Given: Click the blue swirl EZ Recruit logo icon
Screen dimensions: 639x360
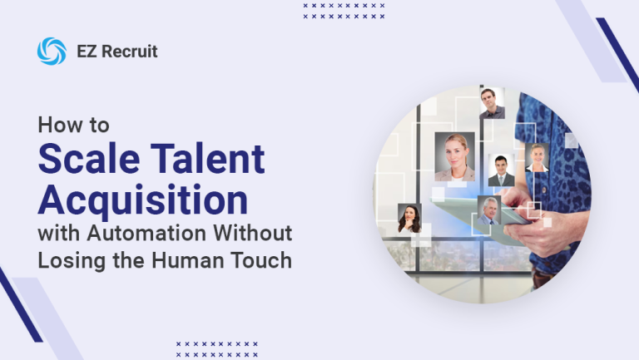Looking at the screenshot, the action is [52, 52].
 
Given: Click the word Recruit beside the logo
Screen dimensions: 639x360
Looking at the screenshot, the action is [130, 52].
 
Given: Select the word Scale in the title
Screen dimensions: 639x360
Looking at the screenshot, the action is [89, 158].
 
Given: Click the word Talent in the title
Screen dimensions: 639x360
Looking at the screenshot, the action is [208, 158].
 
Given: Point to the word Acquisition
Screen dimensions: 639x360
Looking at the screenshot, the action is [143, 200].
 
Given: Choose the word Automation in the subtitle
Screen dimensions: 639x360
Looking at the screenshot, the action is [146, 233].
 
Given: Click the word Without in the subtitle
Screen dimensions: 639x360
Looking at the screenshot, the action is [253, 233].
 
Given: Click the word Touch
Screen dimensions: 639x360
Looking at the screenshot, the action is [261, 260].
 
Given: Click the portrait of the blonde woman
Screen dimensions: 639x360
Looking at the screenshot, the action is [455, 156].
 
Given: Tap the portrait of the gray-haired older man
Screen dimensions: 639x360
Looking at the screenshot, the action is [489, 210].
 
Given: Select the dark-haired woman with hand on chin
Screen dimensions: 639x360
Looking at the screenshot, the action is [409, 219].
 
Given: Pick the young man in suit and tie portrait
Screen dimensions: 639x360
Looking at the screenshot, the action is [501, 170].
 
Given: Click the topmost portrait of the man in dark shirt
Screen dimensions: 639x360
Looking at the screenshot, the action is [493, 103].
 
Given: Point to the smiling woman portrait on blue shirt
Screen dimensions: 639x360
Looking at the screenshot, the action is [537, 157].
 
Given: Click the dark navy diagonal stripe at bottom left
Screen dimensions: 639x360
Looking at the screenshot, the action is [20, 305].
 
